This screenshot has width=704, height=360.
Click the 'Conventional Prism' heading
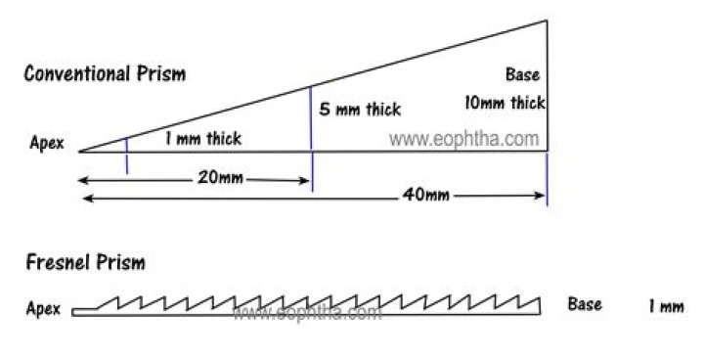click(x=105, y=73)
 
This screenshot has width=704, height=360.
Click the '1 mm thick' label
click(x=202, y=139)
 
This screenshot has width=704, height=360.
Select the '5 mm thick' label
click(x=360, y=109)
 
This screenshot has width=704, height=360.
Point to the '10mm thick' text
click(x=505, y=102)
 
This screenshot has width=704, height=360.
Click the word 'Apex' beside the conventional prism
click(x=47, y=143)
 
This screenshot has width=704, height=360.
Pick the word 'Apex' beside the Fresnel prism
click(x=43, y=309)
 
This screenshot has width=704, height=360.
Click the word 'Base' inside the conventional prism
click(x=522, y=74)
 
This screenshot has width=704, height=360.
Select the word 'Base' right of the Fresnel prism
click(x=585, y=304)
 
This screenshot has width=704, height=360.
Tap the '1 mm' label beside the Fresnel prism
click(x=665, y=307)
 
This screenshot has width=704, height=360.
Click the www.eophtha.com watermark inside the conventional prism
click(x=463, y=139)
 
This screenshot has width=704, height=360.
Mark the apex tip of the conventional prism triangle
click(x=79, y=152)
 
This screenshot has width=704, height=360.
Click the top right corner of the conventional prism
click(x=546, y=20)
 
